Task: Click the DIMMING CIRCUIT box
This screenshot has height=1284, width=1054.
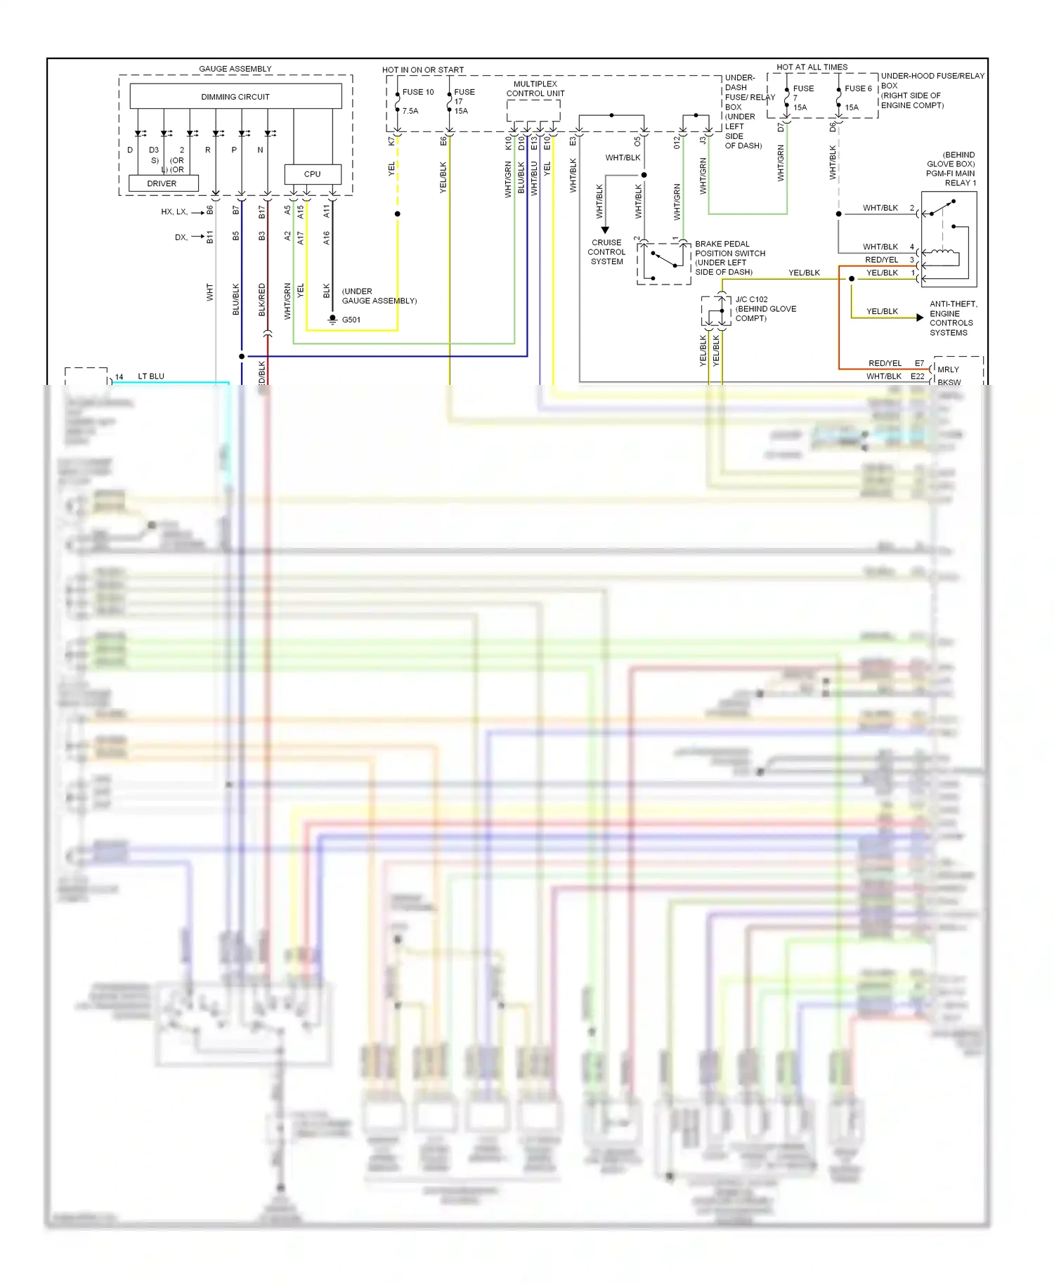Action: (235, 96)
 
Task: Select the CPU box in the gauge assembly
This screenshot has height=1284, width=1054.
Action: (312, 173)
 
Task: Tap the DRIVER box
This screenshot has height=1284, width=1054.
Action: (162, 183)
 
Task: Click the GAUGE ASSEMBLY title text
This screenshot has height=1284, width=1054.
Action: (235, 69)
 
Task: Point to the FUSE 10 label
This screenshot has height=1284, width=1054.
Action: (418, 92)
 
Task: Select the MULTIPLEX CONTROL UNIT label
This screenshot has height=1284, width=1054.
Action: (535, 89)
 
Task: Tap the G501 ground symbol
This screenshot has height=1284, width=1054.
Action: (333, 320)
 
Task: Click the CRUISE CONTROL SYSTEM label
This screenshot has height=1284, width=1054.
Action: (606, 252)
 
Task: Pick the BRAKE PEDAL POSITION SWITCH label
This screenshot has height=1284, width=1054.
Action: (729, 258)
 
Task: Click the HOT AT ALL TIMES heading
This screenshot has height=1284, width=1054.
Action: (812, 67)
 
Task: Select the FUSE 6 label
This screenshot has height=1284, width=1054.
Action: (858, 89)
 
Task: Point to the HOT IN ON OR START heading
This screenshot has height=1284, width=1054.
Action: (423, 70)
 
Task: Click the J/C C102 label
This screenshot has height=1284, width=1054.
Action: (751, 299)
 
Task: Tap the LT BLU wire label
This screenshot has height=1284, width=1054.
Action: (151, 376)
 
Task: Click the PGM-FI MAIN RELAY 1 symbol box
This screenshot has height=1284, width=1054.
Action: (949, 239)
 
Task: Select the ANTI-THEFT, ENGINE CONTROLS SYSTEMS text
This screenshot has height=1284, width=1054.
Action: (953, 318)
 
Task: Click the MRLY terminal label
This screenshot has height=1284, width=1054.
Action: (948, 369)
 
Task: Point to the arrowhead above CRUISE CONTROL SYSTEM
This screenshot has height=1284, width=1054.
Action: (605, 230)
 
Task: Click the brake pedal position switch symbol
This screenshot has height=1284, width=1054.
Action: (663, 263)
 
